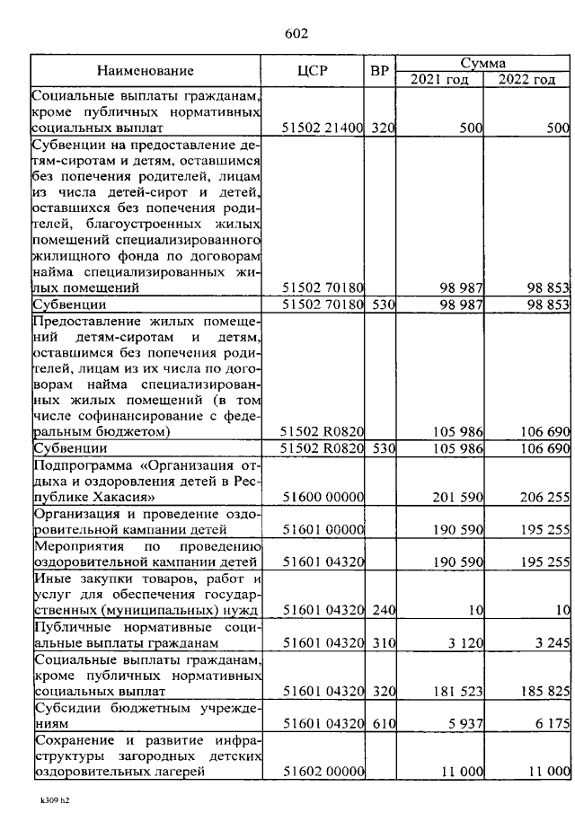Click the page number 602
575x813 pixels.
pyautogui.click(x=296, y=34)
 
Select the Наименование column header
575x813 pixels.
pyautogui.click(x=146, y=70)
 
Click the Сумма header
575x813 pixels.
pyautogui.click(x=482, y=63)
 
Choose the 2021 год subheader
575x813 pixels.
pyautogui.click(x=439, y=78)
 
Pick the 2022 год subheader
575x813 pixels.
pyautogui.click(x=526, y=78)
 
